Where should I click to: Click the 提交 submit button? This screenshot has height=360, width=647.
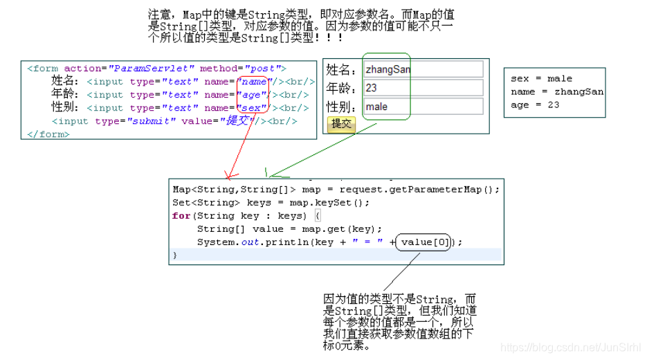pos(340,124)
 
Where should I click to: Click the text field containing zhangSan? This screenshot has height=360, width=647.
pos(423,70)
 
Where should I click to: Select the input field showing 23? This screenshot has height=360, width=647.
pos(423,88)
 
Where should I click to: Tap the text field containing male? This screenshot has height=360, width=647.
pos(423,107)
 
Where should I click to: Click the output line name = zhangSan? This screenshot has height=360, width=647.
pos(557,91)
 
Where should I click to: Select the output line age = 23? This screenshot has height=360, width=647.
pos(535,105)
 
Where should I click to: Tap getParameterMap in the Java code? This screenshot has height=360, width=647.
pos(443,189)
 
